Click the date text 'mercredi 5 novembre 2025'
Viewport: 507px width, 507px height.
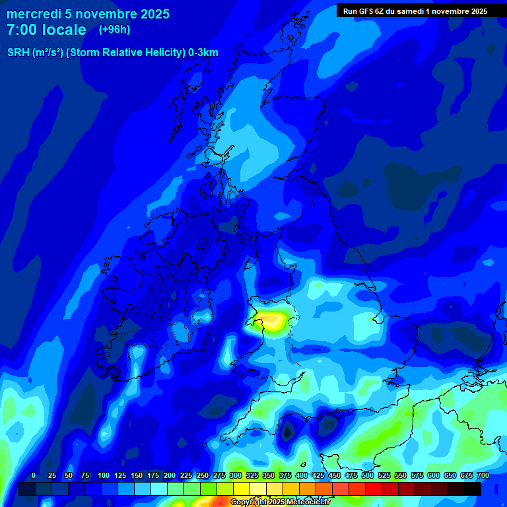tap(88, 14)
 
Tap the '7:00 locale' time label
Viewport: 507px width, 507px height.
tap(46, 30)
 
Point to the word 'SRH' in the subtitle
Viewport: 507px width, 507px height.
tap(18, 53)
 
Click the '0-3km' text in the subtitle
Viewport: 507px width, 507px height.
tap(203, 53)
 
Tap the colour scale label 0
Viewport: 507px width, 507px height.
tap(34, 475)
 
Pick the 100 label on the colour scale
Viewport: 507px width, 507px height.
tap(104, 475)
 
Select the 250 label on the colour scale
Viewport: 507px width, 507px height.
tap(203, 475)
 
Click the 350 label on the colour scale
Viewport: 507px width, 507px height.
tap(269, 475)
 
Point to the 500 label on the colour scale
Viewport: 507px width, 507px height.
tap(368, 475)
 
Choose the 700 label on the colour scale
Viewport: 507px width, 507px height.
tap(483, 475)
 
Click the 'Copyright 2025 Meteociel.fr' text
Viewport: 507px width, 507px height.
tap(281, 502)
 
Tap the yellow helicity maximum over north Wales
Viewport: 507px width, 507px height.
tap(273, 321)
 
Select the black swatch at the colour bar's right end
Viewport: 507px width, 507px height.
tap(473, 489)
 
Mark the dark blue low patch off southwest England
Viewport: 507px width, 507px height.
tap(288, 430)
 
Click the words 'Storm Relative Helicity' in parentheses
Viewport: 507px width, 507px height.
tap(125, 53)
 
